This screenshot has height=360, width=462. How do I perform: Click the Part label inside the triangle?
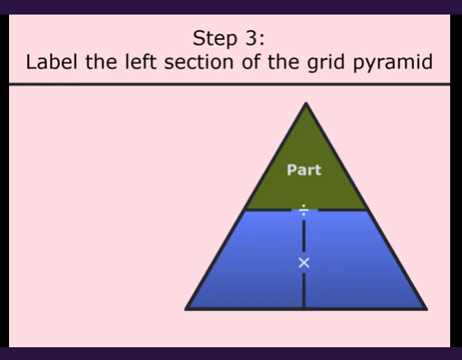(304, 169)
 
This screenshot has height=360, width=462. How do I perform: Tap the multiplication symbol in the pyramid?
(304, 263)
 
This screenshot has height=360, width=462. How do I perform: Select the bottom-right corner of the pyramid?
(424, 308)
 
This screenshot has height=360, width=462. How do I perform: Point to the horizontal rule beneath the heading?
(227, 85)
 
